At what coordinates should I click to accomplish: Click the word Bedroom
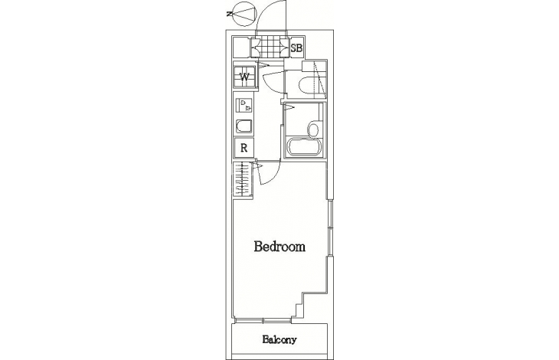pos(279,247)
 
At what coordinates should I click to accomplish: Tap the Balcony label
pos(279,339)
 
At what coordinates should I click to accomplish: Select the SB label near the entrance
pos(296,47)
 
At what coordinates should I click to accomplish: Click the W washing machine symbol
pos(244,77)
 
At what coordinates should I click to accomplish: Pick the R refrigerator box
pos(244,148)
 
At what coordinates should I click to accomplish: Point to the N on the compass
pos(229,15)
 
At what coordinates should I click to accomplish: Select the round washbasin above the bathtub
pos(313,129)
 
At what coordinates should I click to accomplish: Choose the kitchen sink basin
pos(244,126)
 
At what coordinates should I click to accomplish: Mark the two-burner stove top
pos(244,105)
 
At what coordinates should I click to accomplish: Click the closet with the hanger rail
pos(243,180)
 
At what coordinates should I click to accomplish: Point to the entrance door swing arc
pos(264,15)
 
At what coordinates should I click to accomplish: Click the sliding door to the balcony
pos(263,320)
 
